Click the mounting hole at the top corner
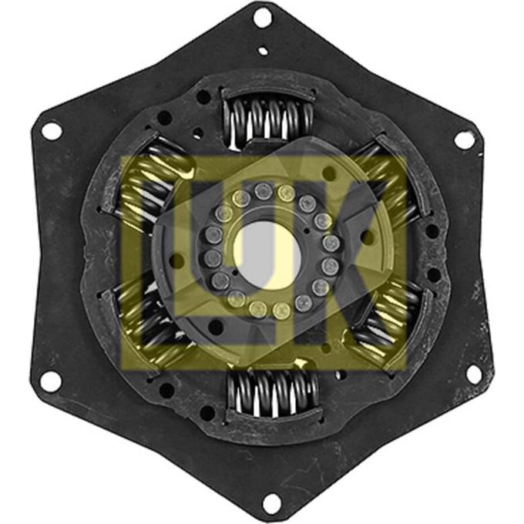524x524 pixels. click(x=263, y=17)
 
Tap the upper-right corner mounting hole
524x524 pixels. click(x=464, y=139)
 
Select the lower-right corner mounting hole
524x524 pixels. click(x=474, y=375)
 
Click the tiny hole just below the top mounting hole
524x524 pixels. click(x=264, y=51)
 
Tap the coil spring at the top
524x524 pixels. click(x=268, y=119)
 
